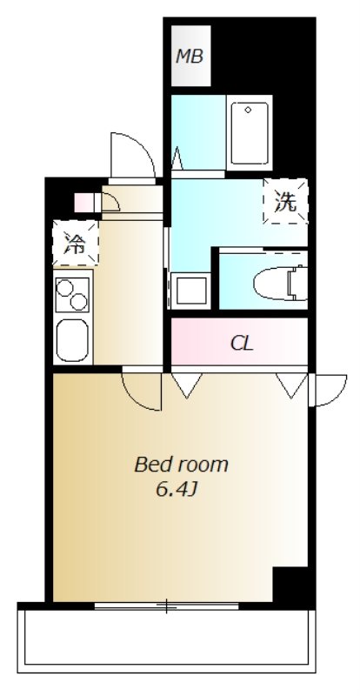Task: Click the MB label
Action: [190, 57]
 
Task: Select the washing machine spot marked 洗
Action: [285, 202]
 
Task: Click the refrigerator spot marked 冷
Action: [75, 243]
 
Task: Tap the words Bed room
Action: [181, 465]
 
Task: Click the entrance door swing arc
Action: [130, 153]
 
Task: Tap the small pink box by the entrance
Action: [84, 203]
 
